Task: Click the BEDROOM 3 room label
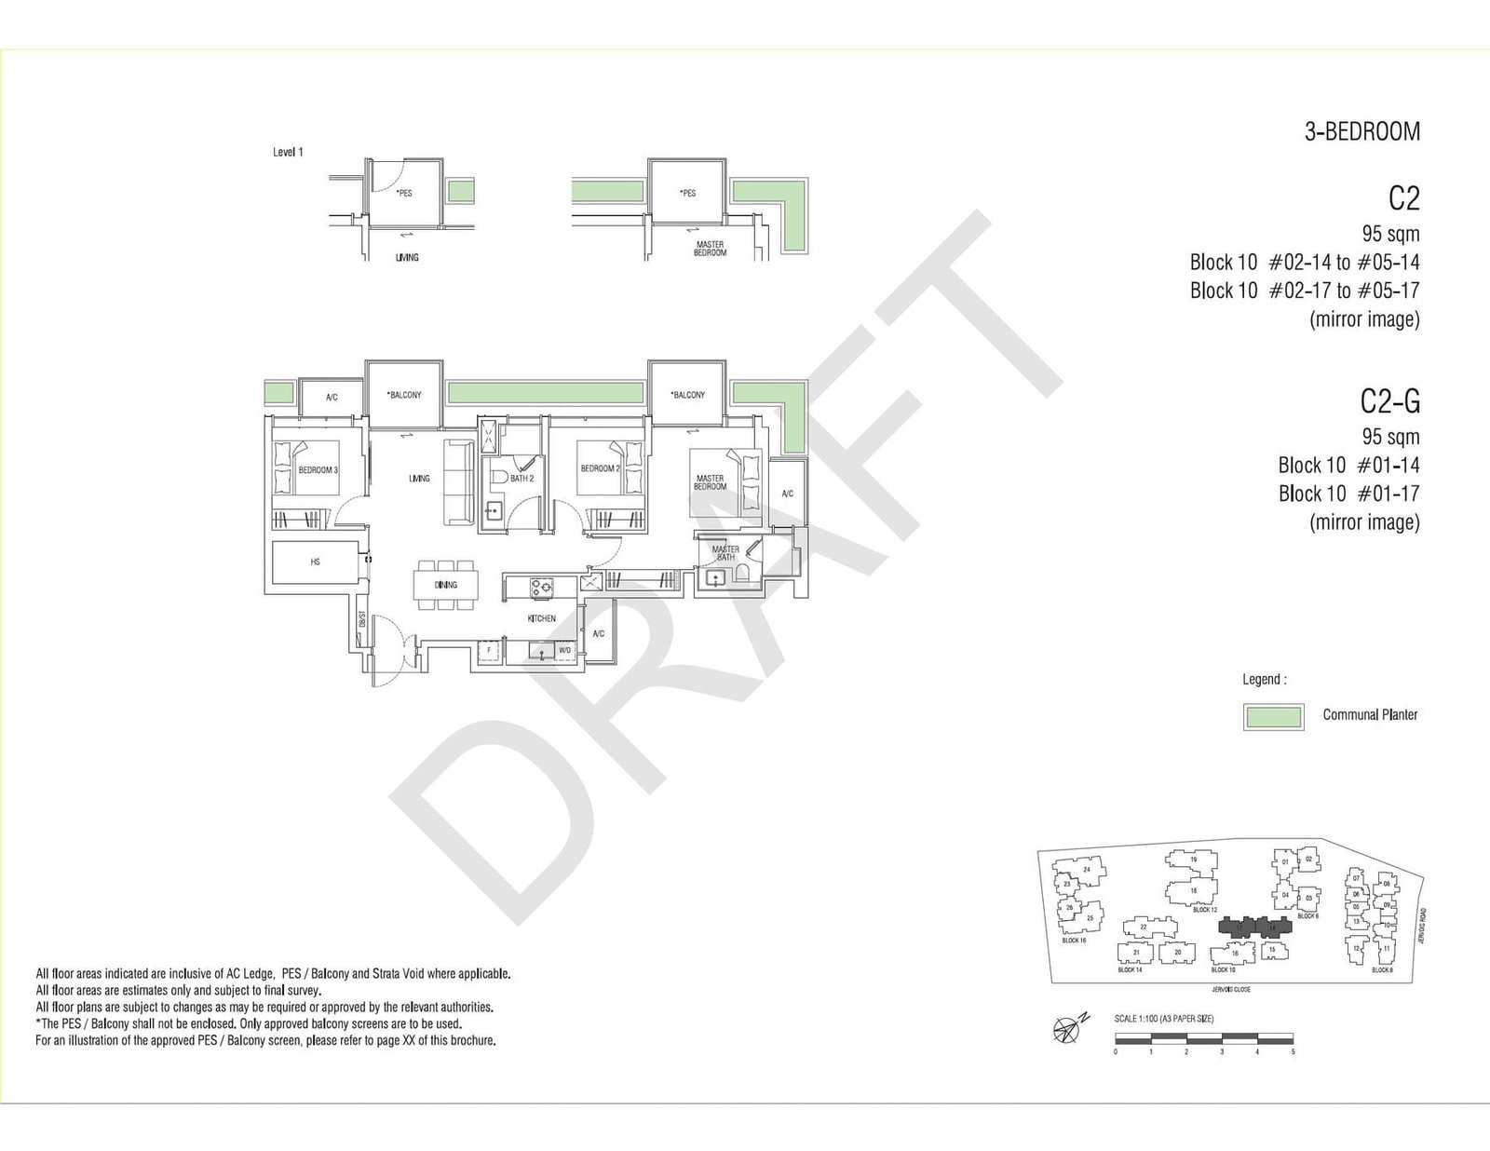(318, 470)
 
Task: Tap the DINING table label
(446, 585)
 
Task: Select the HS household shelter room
(315, 562)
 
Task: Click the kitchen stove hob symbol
(541, 587)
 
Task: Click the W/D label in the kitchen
(564, 650)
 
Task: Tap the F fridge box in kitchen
(489, 650)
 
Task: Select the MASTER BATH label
(725, 553)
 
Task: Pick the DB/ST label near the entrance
(361, 620)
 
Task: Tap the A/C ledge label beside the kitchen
(599, 634)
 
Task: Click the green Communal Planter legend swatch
(1272, 716)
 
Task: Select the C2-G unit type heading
(1389, 401)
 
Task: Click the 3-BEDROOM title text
(1361, 132)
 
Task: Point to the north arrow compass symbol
(1068, 1027)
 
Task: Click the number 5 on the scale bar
(1293, 1051)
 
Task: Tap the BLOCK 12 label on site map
(1205, 910)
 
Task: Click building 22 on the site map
(1144, 927)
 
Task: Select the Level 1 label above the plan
(288, 152)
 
